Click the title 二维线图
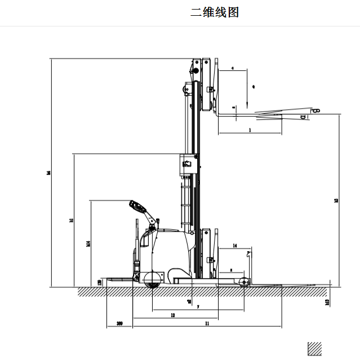coord(215,12)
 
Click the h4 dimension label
coord(50,173)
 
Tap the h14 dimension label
coord(88,243)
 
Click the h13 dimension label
coord(327,302)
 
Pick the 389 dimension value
coord(119,324)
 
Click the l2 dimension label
coord(172,316)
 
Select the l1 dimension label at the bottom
coord(207,324)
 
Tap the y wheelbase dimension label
coord(198,307)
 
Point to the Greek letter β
coord(317,110)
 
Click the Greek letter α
coord(303,117)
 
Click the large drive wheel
coord(152,280)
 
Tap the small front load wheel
coord(243,283)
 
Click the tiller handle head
coord(135,205)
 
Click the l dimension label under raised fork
coord(250,130)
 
